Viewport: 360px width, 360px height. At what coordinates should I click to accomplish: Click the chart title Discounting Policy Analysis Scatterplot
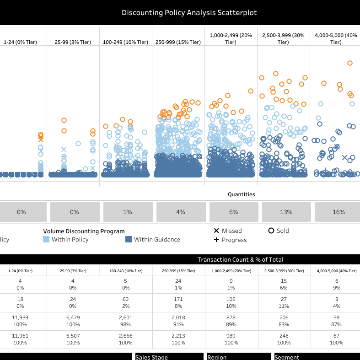[180, 13]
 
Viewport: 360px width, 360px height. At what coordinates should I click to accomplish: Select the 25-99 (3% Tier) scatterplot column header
[73, 42]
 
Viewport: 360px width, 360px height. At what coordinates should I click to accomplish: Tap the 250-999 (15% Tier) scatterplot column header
[178, 42]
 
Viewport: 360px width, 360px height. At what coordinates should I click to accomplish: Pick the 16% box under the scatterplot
[339, 212]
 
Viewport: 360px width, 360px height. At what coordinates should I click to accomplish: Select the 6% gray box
[233, 212]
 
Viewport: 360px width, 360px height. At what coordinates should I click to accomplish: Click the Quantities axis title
[241, 194]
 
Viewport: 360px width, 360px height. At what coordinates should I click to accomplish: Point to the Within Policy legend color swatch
[46, 240]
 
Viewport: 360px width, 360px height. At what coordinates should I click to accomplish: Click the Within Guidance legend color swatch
[129, 240]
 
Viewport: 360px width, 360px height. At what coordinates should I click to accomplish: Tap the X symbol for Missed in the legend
[216, 231]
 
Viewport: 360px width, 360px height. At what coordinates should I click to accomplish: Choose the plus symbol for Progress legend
[216, 240]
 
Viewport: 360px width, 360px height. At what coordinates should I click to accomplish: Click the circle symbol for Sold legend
[271, 231]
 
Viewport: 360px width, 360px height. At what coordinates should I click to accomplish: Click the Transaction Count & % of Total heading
[240, 260]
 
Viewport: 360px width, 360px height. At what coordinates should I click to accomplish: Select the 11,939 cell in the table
[20, 318]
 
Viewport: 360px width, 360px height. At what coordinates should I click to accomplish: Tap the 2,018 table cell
[178, 318]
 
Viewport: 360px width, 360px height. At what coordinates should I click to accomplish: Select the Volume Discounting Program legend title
[84, 231]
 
